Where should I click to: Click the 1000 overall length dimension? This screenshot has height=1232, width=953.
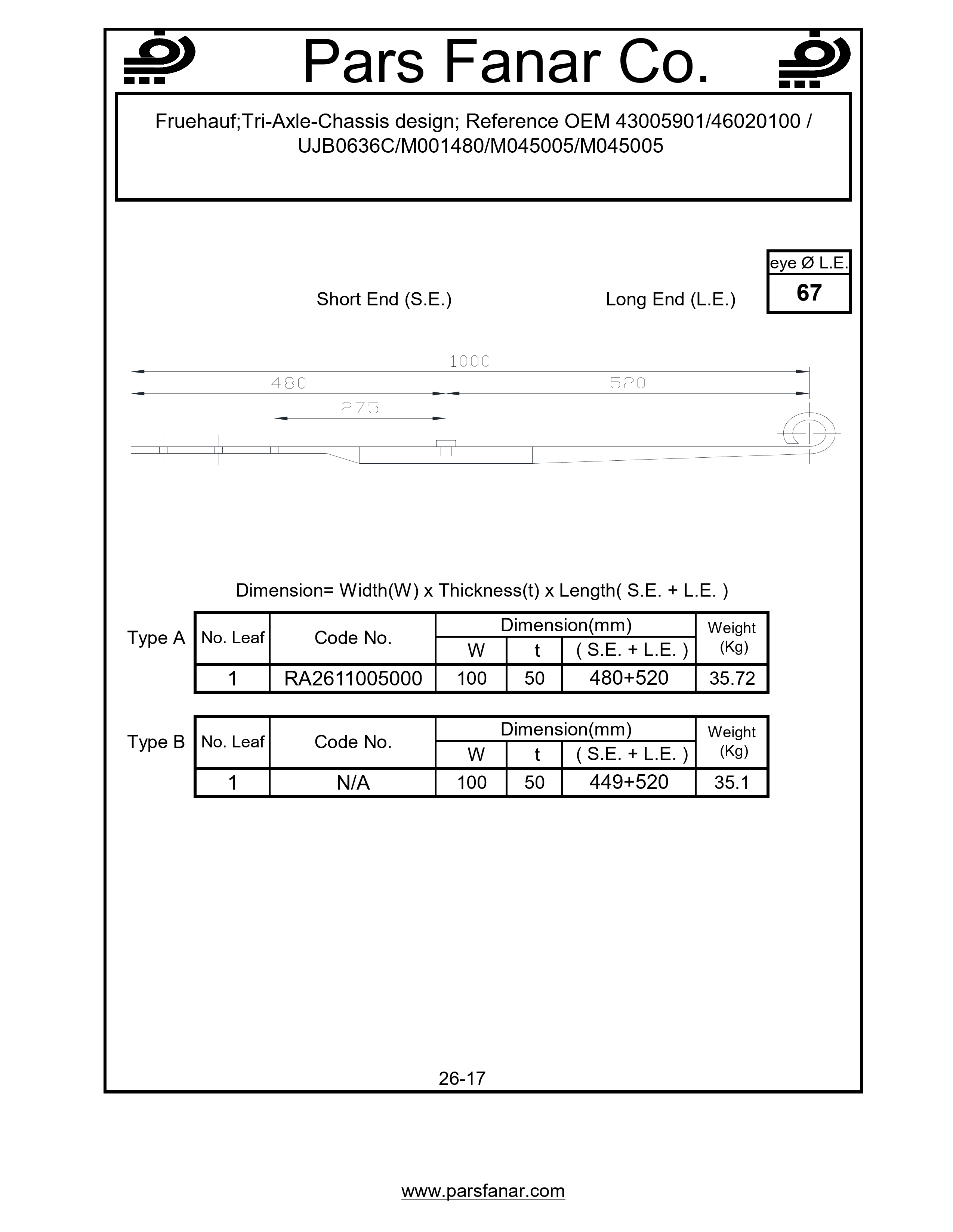tap(470, 361)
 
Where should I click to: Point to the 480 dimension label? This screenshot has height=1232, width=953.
tap(289, 383)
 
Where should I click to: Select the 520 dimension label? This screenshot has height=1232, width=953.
tap(627, 383)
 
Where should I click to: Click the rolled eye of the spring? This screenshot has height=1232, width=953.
tap(809, 433)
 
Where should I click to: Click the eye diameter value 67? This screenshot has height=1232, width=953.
tap(808, 293)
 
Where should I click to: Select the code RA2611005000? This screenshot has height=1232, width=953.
tap(353, 678)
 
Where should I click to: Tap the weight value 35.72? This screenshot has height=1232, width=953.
tap(732, 678)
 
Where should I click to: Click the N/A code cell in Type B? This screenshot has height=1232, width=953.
tap(353, 783)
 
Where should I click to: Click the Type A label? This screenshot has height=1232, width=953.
tap(156, 638)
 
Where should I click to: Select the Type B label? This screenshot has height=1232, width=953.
tap(156, 742)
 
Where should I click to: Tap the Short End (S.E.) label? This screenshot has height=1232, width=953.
tap(384, 299)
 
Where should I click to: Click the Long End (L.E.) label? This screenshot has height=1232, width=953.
tap(670, 299)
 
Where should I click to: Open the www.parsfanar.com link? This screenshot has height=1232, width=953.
tap(483, 1191)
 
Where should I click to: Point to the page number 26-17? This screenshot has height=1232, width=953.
tap(462, 1079)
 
